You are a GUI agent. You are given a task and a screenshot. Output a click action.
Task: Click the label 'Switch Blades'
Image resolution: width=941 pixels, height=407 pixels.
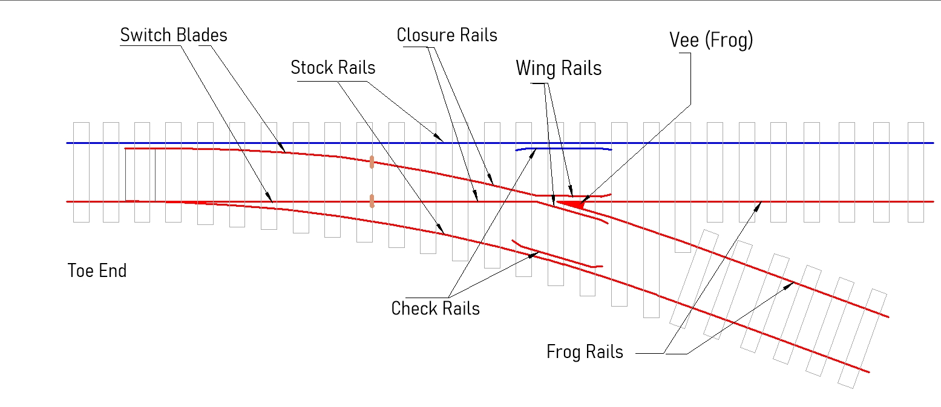point(174,35)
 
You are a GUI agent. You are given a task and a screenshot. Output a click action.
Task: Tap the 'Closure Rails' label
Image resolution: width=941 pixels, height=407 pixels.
point(447,35)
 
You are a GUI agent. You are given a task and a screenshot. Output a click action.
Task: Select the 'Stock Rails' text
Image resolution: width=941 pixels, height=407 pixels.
point(333,67)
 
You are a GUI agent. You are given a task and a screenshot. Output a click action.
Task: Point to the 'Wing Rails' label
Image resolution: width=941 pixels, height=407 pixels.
point(559,68)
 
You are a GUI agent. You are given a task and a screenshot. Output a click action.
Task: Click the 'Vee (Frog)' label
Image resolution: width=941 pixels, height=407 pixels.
point(711,40)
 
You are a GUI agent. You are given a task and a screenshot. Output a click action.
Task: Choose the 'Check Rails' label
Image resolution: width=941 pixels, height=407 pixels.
point(435,308)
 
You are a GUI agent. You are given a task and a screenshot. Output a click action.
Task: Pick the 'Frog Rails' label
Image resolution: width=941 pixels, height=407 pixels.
point(585,352)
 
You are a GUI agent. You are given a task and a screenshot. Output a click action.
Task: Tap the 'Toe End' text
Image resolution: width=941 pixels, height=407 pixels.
point(97,270)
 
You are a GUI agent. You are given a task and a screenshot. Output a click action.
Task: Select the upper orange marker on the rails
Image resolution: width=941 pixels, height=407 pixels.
point(371,161)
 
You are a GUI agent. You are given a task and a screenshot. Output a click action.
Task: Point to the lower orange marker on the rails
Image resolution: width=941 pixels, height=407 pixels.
point(372,200)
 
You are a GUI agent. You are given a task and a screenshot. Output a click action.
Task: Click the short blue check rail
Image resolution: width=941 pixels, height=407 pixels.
point(563,148)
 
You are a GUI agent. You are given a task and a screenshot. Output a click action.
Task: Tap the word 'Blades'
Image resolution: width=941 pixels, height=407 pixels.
point(202,35)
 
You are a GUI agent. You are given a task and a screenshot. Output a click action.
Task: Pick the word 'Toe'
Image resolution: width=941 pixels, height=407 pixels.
point(80,270)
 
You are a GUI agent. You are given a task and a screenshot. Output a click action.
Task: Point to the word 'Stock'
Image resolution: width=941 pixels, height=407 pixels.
point(310,67)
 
